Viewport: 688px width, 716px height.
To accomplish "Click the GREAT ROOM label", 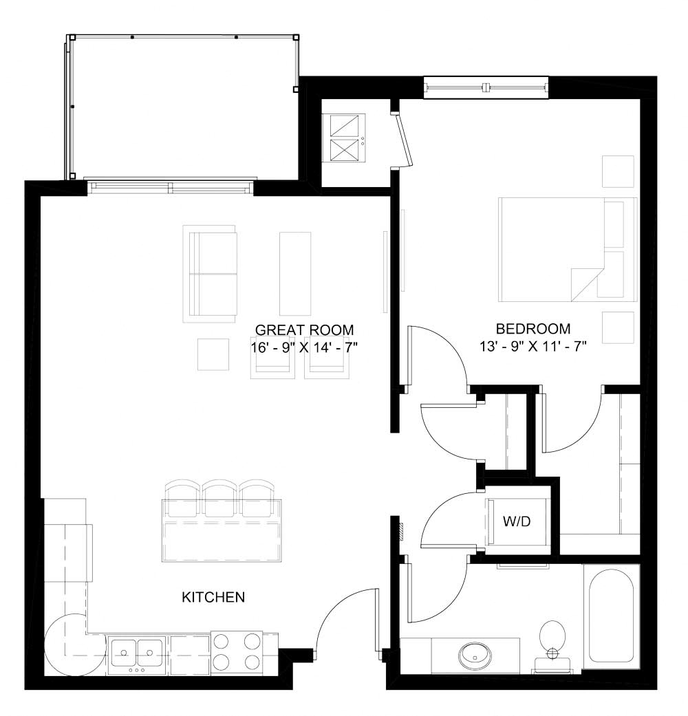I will pos(304,329).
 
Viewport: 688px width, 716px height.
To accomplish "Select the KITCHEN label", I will pos(213,597).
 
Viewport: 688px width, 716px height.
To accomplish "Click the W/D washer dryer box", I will pos(517,522).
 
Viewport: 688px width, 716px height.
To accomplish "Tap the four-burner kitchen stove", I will pos(236,652).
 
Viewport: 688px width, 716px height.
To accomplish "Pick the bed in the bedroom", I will pos(567,249).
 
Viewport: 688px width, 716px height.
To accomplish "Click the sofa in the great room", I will pos(210,273).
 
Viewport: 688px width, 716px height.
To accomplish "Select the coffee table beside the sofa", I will pos(294,273).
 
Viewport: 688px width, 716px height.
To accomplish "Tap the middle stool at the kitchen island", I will pos(219,497).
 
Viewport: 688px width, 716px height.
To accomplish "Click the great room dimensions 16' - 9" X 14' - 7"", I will pos(304,347).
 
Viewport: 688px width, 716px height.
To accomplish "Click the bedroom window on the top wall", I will pos(486,87).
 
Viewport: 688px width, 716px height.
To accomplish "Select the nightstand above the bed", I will pos(618,171).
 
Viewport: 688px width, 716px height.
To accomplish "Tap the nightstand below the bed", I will pos(618,328).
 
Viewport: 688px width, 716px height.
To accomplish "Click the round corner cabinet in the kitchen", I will pos(72,645).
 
